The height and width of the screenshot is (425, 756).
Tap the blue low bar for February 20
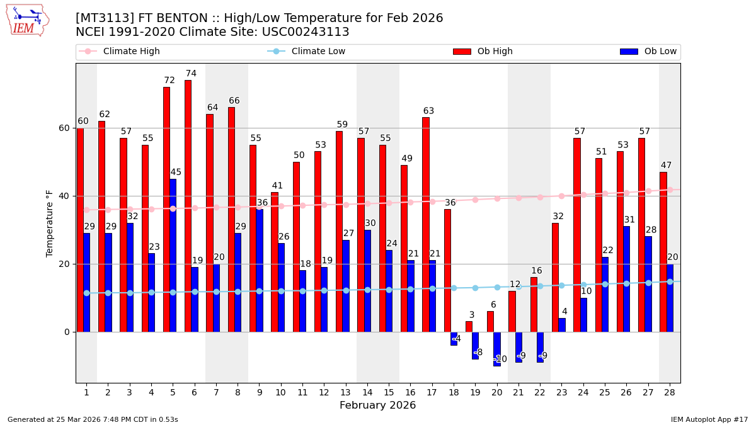[497, 349]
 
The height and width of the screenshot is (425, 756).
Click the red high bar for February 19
[469, 327]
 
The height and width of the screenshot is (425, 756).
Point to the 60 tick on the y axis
[64, 128]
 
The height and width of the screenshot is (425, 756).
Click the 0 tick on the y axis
[67, 332]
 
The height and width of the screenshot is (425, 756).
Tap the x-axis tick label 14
[367, 392]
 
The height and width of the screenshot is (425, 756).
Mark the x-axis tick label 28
[670, 392]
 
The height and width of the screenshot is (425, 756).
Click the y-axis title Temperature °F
[50, 223]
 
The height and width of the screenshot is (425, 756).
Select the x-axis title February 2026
[377, 405]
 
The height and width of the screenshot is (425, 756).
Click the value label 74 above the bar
[191, 74]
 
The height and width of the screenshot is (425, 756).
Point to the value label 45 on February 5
[176, 173]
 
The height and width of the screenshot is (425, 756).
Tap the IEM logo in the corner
[27, 20]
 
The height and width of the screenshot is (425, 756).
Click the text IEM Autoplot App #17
[709, 419]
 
